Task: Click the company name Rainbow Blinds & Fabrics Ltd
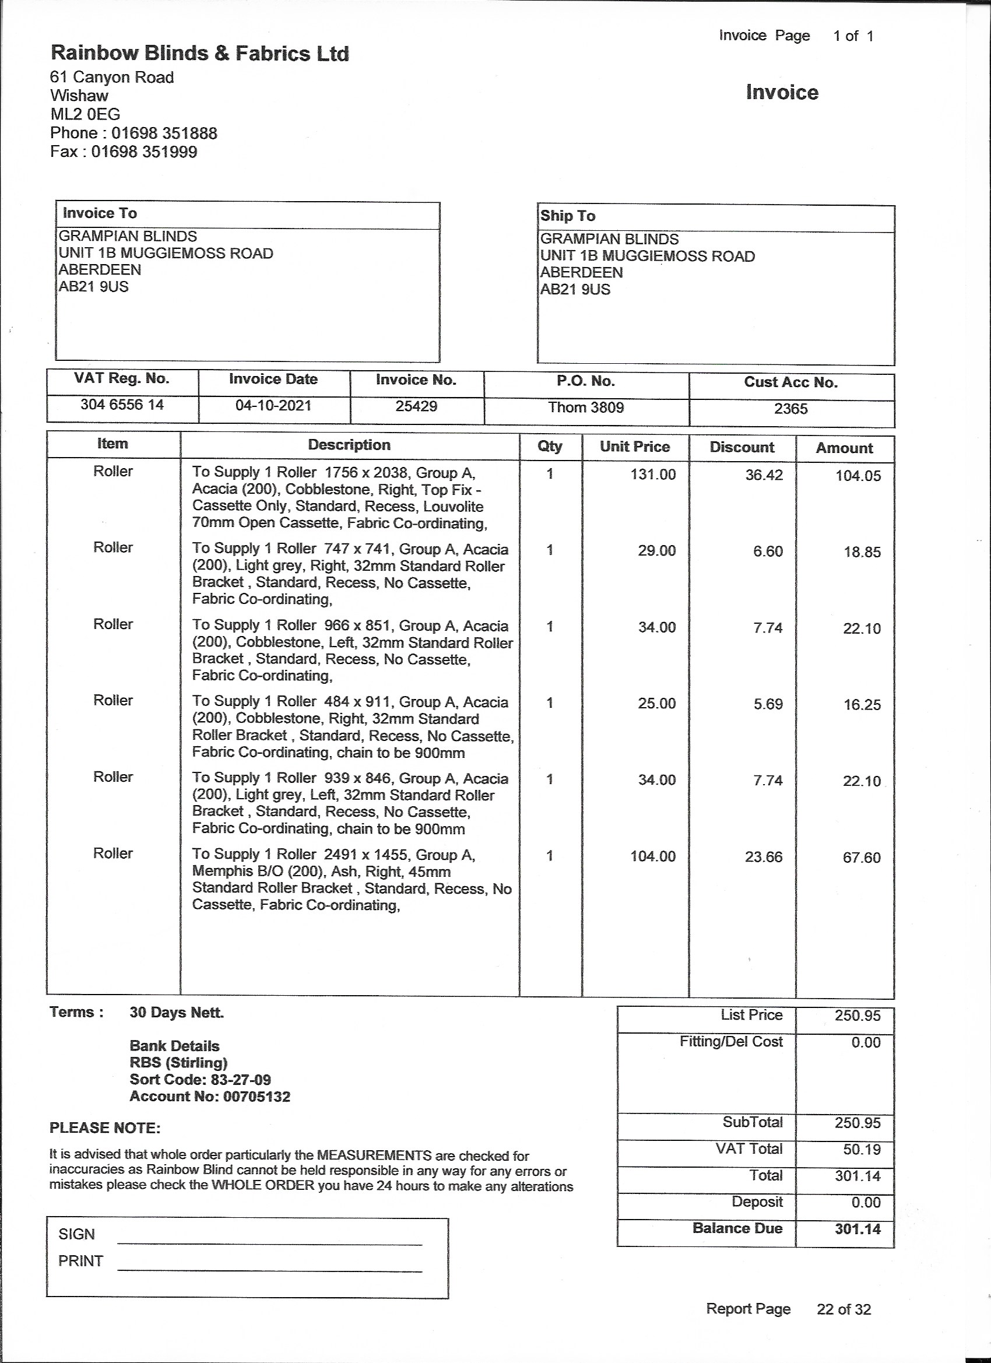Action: (199, 54)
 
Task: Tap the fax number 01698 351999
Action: (144, 152)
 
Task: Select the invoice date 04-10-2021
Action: (273, 406)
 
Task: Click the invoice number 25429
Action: (416, 406)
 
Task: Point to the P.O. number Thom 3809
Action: (586, 408)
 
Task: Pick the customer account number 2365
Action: (790, 409)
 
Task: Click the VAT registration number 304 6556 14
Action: (122, 405)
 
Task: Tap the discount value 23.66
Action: (763, 857)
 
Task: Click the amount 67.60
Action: (861, 858)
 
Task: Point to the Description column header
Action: (349, 445)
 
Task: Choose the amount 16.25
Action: (862, 705)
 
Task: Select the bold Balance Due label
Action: (737, 1228)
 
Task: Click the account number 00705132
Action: (256, 1097)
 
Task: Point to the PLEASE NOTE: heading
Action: (105, 1128)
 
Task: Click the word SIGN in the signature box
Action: (77, 1234)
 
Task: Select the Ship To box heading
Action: (567, 216)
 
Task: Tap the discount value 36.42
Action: (764, 475)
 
